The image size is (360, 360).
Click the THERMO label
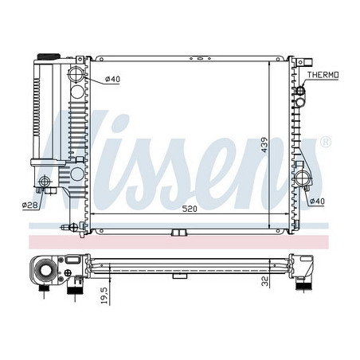click(x=323, y=75)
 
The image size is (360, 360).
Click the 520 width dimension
click(x=190, y=209)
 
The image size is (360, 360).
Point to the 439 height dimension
click(x=264, y=145)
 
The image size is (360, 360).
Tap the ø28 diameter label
click(x=31, y=205)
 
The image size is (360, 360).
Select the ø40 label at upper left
click(x=112, y=79)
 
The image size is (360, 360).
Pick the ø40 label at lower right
click(x=317, y=202)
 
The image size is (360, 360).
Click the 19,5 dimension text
click(x=104, y=295)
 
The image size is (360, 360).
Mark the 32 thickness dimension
click(x=265, y=281)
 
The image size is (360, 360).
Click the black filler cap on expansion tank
click(x=49, y=57)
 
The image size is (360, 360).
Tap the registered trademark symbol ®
click(x=326, y=143)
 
